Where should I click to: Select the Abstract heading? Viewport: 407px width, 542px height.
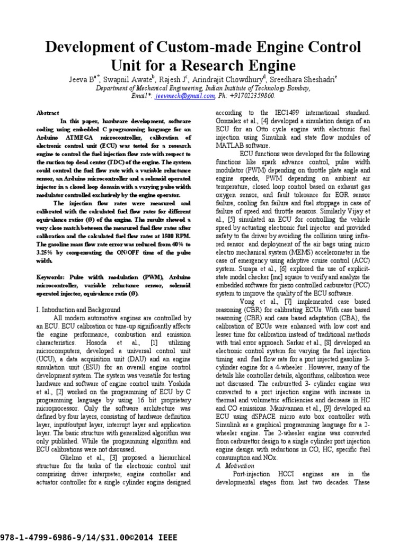pyautogui.click(x=47, y=113)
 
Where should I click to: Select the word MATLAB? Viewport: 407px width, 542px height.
pyautogui.click(x=229, y=145)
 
